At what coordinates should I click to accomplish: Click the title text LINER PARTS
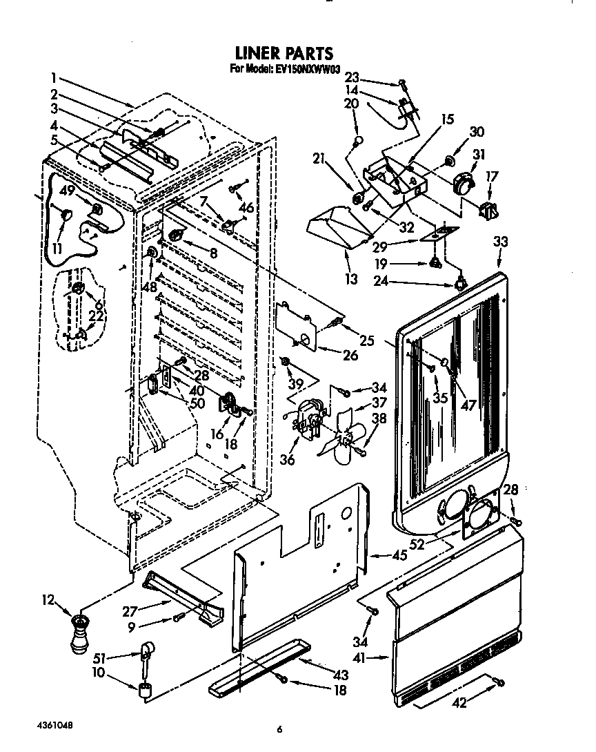click(x=284, y=53)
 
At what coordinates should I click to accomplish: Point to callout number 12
click(x=48, y=600)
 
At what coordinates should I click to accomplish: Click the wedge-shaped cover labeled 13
click(x=333, y=230)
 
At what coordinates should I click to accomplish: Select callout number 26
click(x=350, y=356)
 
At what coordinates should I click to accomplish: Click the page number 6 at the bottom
click(x=280, y=729)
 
